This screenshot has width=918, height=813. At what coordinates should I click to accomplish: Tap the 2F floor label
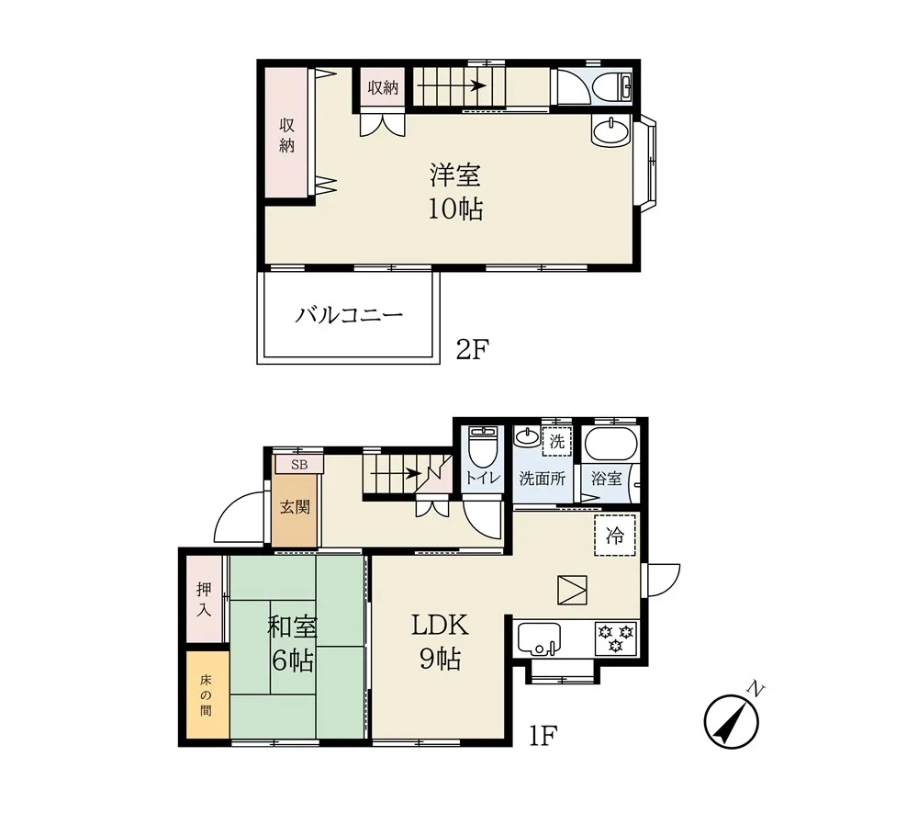click(474, 348)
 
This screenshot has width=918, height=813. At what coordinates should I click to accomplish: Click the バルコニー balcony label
click(349, 317)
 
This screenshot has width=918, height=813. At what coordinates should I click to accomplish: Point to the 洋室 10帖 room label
click(454, 191)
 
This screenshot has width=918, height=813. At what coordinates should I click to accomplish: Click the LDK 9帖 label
click(440, 642)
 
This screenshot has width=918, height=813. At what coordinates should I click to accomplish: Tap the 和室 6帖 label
click(292, 642)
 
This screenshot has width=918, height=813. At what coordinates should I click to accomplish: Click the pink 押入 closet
click(204, 599)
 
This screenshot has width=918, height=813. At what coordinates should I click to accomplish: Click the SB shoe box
click(299, 465)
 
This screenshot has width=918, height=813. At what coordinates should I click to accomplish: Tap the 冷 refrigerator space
click(615, 536)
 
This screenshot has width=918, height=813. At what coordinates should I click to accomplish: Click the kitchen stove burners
click(616, 637)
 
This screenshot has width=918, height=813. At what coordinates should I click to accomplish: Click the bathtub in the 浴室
click(609, 446)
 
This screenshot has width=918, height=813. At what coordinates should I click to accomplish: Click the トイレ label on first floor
click(482, 478)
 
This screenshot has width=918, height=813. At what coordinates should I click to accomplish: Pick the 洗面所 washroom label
click(543, 479)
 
